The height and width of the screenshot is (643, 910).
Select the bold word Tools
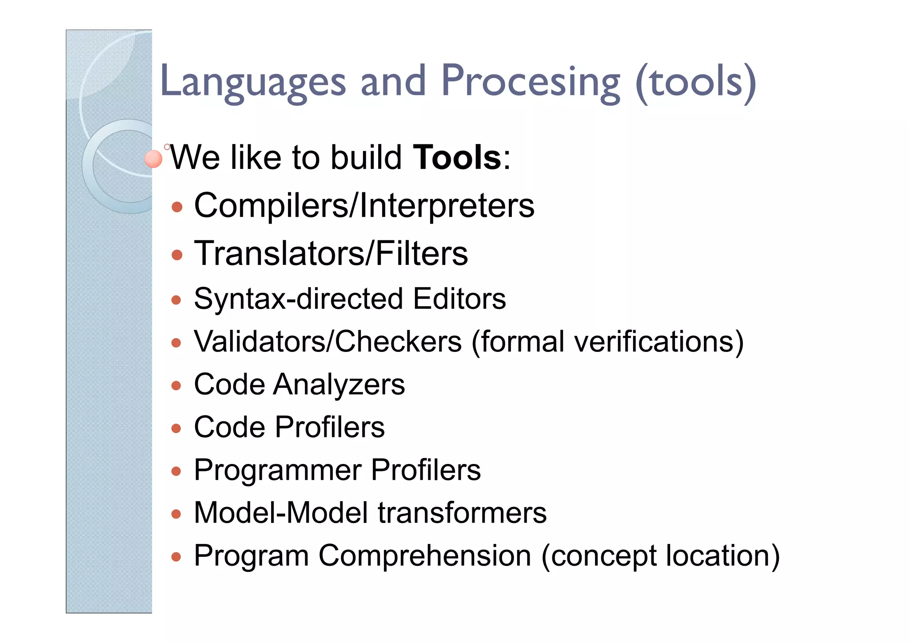pos(457,158)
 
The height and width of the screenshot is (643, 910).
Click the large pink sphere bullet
pos(153,159)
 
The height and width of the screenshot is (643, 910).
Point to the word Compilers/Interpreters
pos(364,206)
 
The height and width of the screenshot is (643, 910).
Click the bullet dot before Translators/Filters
pos(177,255)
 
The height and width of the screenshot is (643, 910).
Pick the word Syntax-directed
pos(298,299)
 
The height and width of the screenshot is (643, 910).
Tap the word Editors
pos(459,299)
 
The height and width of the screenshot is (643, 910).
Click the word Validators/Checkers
pos(328,342)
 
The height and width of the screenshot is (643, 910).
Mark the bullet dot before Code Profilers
pos(176,428)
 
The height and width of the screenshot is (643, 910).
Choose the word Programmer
pos(278,470)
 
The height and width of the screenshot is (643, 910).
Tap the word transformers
pos(462,513)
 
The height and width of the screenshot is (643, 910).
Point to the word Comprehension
pos(425,556)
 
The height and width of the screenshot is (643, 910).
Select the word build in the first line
pos(366,158)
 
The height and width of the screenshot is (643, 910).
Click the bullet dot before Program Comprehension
pos(176,557)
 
